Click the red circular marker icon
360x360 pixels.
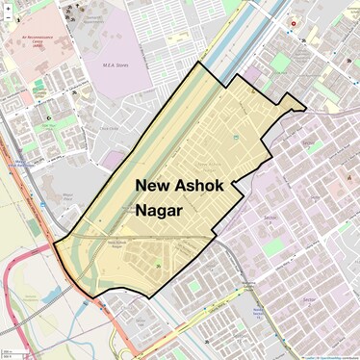295,23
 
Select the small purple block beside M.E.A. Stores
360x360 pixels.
113,158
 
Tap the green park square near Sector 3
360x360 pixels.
272,247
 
